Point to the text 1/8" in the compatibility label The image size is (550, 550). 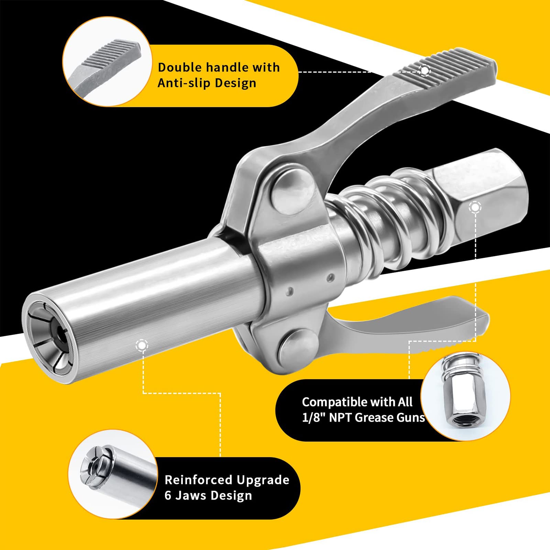[x=313, y=417]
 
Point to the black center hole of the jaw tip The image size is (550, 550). [x=60, y=333]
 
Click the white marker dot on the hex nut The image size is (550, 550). [x=475, y=207]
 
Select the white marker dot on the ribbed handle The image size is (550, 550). [x=425, y=70]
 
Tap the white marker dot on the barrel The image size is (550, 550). [x=142, y=345]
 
